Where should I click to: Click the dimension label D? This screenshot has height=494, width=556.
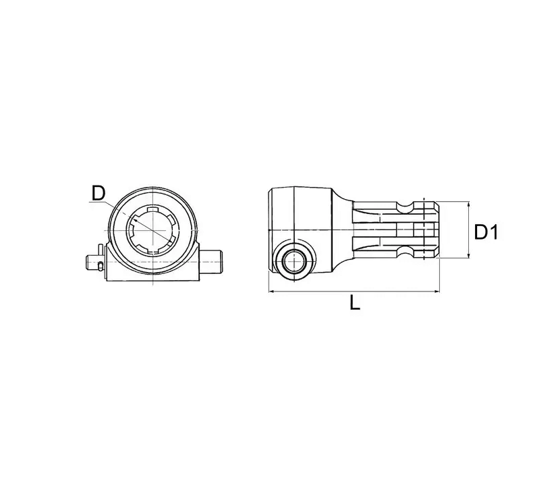coord(99,194)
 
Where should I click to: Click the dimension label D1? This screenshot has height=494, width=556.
coord(486,233)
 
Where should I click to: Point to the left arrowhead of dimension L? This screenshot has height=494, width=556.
coord(272,292)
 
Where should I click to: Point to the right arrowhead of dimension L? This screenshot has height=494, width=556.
coord(437,292)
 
